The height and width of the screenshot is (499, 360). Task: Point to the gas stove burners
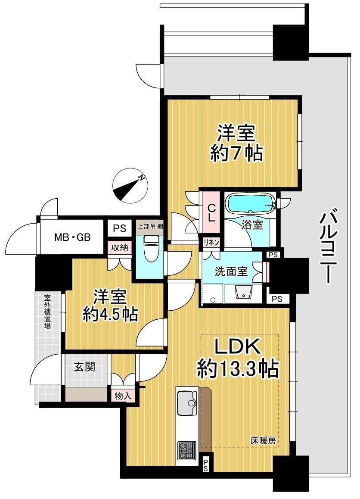pos(187,450)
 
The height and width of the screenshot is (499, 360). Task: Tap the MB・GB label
pos(72,237)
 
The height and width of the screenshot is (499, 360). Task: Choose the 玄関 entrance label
pos(84,367)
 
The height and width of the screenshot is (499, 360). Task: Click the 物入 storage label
pos(123,396)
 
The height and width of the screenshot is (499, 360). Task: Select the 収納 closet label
pos(120,247)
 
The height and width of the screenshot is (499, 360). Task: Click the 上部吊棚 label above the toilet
pos(150,227)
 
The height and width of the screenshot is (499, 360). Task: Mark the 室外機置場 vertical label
pos(47,312)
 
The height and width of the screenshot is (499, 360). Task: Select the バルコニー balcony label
pos(327,245)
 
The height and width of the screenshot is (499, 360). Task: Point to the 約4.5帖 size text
pos(110,315)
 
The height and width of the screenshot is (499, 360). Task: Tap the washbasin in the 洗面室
pos(243,292)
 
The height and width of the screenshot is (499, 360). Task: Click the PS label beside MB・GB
pos(120,228)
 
